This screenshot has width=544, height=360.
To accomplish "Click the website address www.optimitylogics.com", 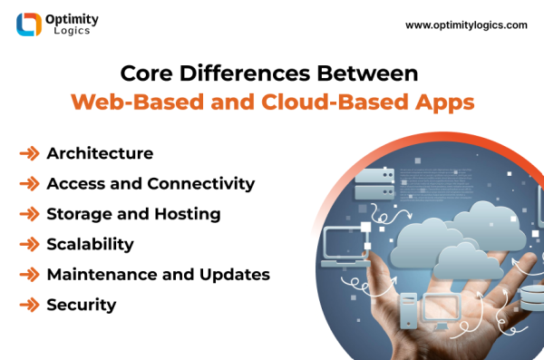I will pos(466,25).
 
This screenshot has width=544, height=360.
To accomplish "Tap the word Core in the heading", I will pos(147,72).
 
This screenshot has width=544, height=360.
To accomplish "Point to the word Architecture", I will pos(100,153).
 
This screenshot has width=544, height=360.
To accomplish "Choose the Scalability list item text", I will pos(90,244).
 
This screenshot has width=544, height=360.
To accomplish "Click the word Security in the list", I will pos(82,305).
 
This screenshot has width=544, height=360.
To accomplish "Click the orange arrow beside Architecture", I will pos(29,153).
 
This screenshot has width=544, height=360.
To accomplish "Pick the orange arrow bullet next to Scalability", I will pos(29,244).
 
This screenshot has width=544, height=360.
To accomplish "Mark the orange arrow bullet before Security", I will pos(29,305).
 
